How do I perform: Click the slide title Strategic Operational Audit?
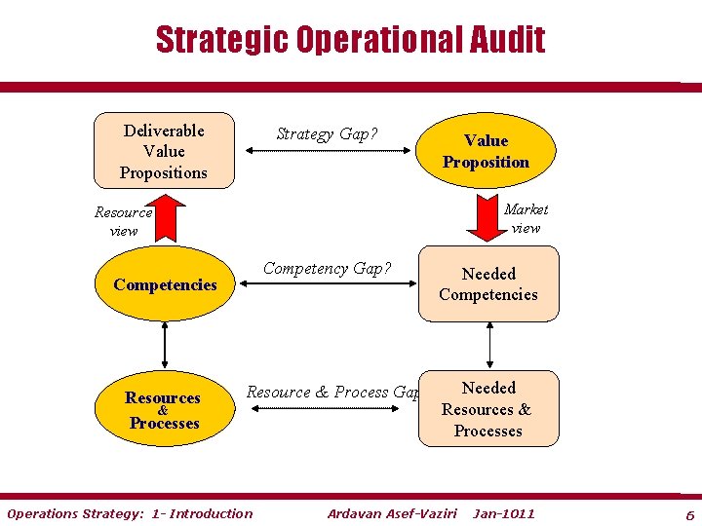coord(350,40)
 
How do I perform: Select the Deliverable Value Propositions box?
coord(164,151)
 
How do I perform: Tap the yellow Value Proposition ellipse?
coord(486,152)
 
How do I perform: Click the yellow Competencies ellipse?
coord(165,284)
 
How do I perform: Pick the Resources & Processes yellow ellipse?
coord(164,410)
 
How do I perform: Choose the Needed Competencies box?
coord(488,284)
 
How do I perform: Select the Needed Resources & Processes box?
coord(488,409)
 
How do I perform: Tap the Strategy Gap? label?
coord(327,134)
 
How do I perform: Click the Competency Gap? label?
coord(328,269)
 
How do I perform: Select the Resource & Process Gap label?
coord(331,392)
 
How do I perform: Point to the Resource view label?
coord(124,221)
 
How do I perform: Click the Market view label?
coord(526,218)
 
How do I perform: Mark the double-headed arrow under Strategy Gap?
coord(327,152)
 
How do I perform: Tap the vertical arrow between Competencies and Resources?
coord(165,345)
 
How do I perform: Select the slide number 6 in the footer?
coord(689,514)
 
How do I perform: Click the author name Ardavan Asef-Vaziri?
coord(392,513)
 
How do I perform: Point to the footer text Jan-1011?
coord(504,513)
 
